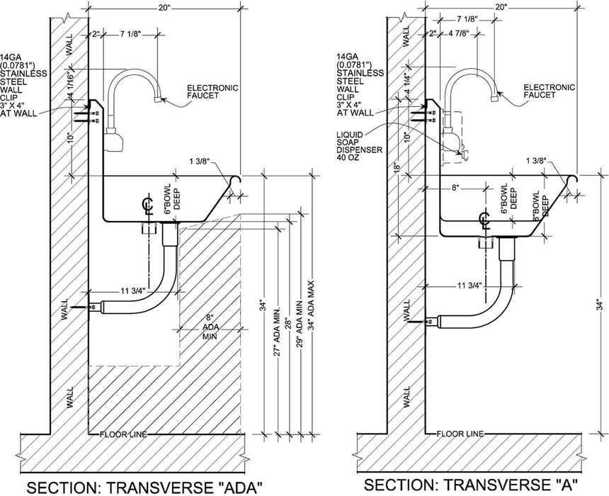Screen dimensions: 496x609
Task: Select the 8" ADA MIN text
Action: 207,328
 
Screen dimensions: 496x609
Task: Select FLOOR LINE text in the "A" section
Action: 460,434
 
